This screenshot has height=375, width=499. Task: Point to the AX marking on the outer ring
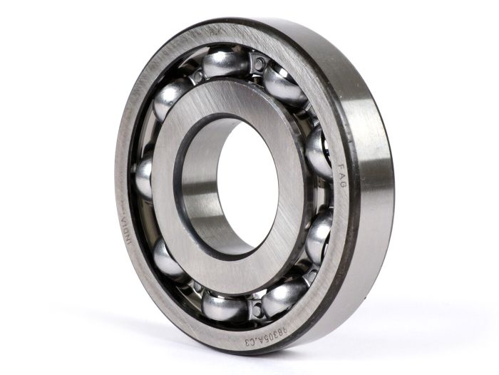214,31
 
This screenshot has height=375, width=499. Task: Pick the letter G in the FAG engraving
341,184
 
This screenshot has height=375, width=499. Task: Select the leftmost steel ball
145,178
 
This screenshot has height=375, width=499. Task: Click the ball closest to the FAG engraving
317,153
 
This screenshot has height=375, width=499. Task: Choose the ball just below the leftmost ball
168,260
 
